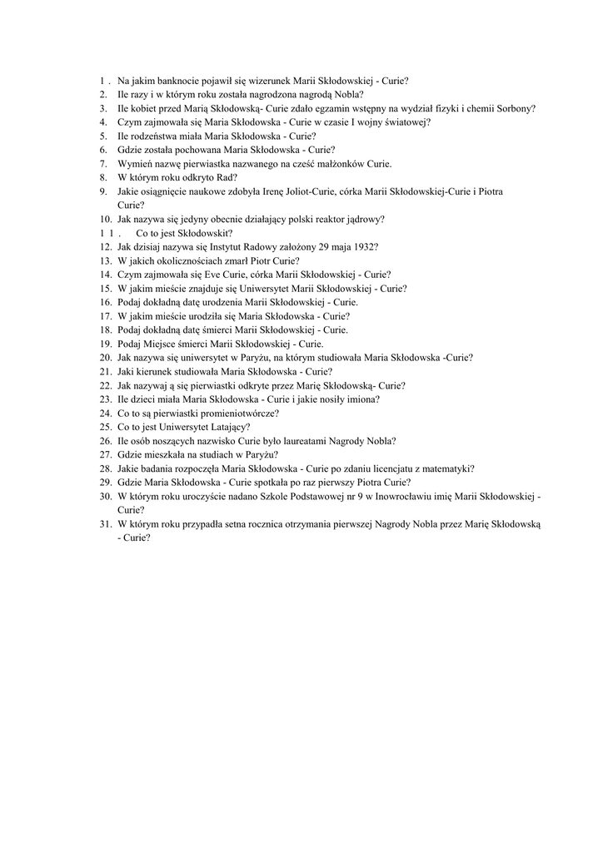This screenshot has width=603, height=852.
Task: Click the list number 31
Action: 105,524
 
